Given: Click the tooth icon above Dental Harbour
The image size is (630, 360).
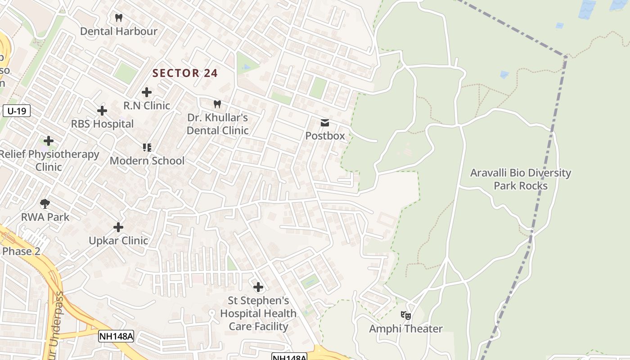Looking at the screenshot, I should click(x=119, y=18).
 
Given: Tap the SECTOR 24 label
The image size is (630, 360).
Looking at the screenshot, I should click(x=185, y=73).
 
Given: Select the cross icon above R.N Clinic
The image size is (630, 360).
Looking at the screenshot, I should click(x=147, y=92).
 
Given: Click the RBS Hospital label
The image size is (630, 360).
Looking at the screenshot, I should click(x=102, y=124).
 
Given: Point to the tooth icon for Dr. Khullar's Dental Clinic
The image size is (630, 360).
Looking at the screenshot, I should click(x=217, y=104).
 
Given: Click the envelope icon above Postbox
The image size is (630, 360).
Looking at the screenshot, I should click(x=325, y=122).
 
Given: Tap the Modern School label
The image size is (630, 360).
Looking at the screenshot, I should click(x=147, y=161).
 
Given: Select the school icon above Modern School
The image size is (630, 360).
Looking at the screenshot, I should click(x=147, y=147).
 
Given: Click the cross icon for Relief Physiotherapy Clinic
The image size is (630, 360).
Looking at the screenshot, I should click(x=49, y=141).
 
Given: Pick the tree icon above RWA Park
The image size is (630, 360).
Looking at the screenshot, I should click(x=45, y=203).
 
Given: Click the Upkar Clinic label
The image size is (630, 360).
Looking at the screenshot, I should click(x=118, y=241).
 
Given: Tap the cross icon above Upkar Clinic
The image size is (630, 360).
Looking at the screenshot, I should click(x=118, y=227).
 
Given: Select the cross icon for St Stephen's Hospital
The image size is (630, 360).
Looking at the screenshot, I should click(x=258, y=287).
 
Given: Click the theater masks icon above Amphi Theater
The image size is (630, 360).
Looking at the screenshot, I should click(x=406, y=315).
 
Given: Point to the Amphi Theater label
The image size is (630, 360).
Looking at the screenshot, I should click(x=406, y=329).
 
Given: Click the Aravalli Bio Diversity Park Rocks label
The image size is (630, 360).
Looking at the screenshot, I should click(x=521, y=179).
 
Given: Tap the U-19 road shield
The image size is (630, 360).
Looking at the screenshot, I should click(x=17, y=111).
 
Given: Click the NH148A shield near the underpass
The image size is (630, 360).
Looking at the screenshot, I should click(x=116, y=336).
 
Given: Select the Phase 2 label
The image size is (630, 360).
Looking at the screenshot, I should click(x=21, y=251).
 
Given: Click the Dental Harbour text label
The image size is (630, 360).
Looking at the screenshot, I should click(x=119, y=31).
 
